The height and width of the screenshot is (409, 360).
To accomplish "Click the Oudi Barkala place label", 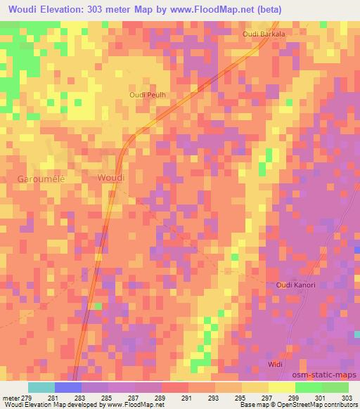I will pos(263,34).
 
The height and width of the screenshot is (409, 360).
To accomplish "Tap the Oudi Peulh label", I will pos(146,94).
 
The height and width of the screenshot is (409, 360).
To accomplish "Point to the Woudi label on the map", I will pos(111,178).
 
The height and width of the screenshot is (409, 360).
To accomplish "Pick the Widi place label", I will pos(276,363).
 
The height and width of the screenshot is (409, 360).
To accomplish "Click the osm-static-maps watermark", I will pos(330,375).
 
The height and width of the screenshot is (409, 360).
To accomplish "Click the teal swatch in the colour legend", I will pos(41,387).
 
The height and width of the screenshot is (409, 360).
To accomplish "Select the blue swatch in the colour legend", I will pos(68,387).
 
